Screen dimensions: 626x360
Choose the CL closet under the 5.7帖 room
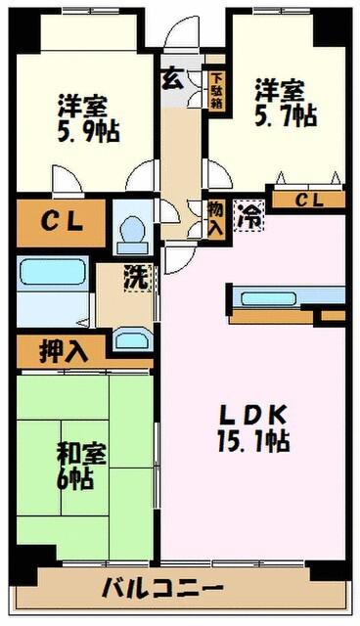point(307,200)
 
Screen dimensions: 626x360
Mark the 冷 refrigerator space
point(251,214)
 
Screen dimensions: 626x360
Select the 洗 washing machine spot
point(136,277)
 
